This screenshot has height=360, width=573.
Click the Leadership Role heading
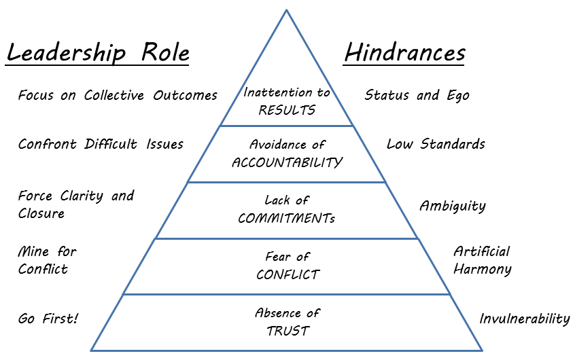pos(97,53)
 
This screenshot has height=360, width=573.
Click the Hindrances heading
pos(404,53)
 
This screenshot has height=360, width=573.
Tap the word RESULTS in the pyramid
pos(287,110)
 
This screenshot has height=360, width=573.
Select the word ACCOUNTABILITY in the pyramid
pos(287,162)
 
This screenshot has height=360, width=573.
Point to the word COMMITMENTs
pos(287,219)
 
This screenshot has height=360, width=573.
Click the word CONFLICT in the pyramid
pos(288,274)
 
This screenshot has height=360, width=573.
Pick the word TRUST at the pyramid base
pos(288,331)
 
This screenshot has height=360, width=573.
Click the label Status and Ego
pos(417,95)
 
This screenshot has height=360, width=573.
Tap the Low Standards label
pos(436,144)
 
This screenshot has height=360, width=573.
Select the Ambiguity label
pos(452,206)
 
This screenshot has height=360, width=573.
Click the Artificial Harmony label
pos(482,260)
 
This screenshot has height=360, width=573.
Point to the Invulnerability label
pos(524,319)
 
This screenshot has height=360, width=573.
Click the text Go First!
pos(48,319)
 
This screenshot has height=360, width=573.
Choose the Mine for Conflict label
pos(47,260)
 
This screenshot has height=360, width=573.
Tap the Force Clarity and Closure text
pos(76,204)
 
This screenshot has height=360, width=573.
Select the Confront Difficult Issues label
pos(101,144)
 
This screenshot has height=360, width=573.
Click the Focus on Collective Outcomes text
pos(118,95)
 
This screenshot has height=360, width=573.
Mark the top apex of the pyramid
pos(287,10)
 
